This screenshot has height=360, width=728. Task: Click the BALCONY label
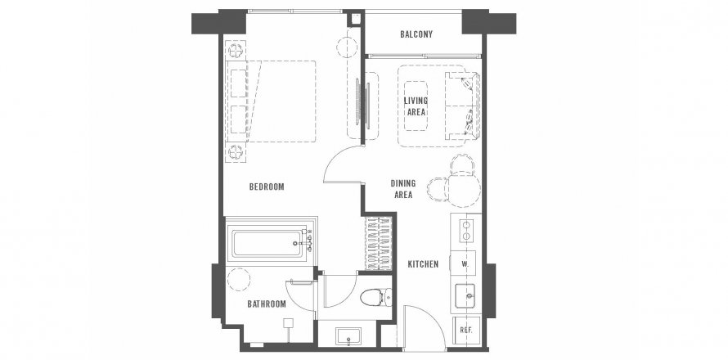pos(416,34)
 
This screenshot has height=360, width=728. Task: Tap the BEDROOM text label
pos(267,187)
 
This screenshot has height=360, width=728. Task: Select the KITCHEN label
pos(423,264)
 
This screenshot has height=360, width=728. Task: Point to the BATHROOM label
pos(267,304)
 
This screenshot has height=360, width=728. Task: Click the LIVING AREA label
pos(416,106)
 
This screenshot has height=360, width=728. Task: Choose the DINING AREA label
pos(403,189)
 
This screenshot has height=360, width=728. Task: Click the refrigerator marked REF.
pos(466,331)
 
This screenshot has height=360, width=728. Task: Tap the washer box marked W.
pos(465,264)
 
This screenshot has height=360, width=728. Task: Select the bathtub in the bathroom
pos(269,243)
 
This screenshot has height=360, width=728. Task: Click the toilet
pos(375,297)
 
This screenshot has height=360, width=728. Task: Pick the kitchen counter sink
pos(468,295)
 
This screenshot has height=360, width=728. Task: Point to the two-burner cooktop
pos(466,232)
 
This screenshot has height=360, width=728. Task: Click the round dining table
pos(463,190)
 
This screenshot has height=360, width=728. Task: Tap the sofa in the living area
pos(462,106)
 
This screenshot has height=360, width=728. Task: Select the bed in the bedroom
pos(271,101)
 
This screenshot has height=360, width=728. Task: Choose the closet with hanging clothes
pos(379,243)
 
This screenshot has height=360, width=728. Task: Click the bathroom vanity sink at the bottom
pos(348,337)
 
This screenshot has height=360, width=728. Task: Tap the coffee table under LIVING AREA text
pos(416,106)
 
